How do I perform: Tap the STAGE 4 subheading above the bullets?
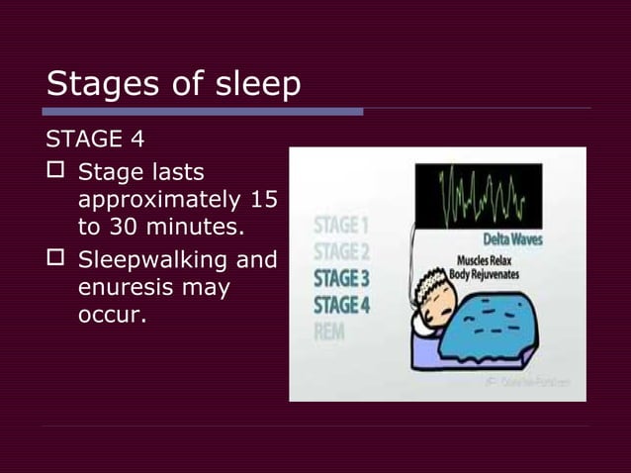(97, 140)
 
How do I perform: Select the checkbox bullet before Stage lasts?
(56, 175)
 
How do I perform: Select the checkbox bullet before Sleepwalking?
(56, 263)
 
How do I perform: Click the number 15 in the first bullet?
(264, 201)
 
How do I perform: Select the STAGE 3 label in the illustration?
(341, 278)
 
